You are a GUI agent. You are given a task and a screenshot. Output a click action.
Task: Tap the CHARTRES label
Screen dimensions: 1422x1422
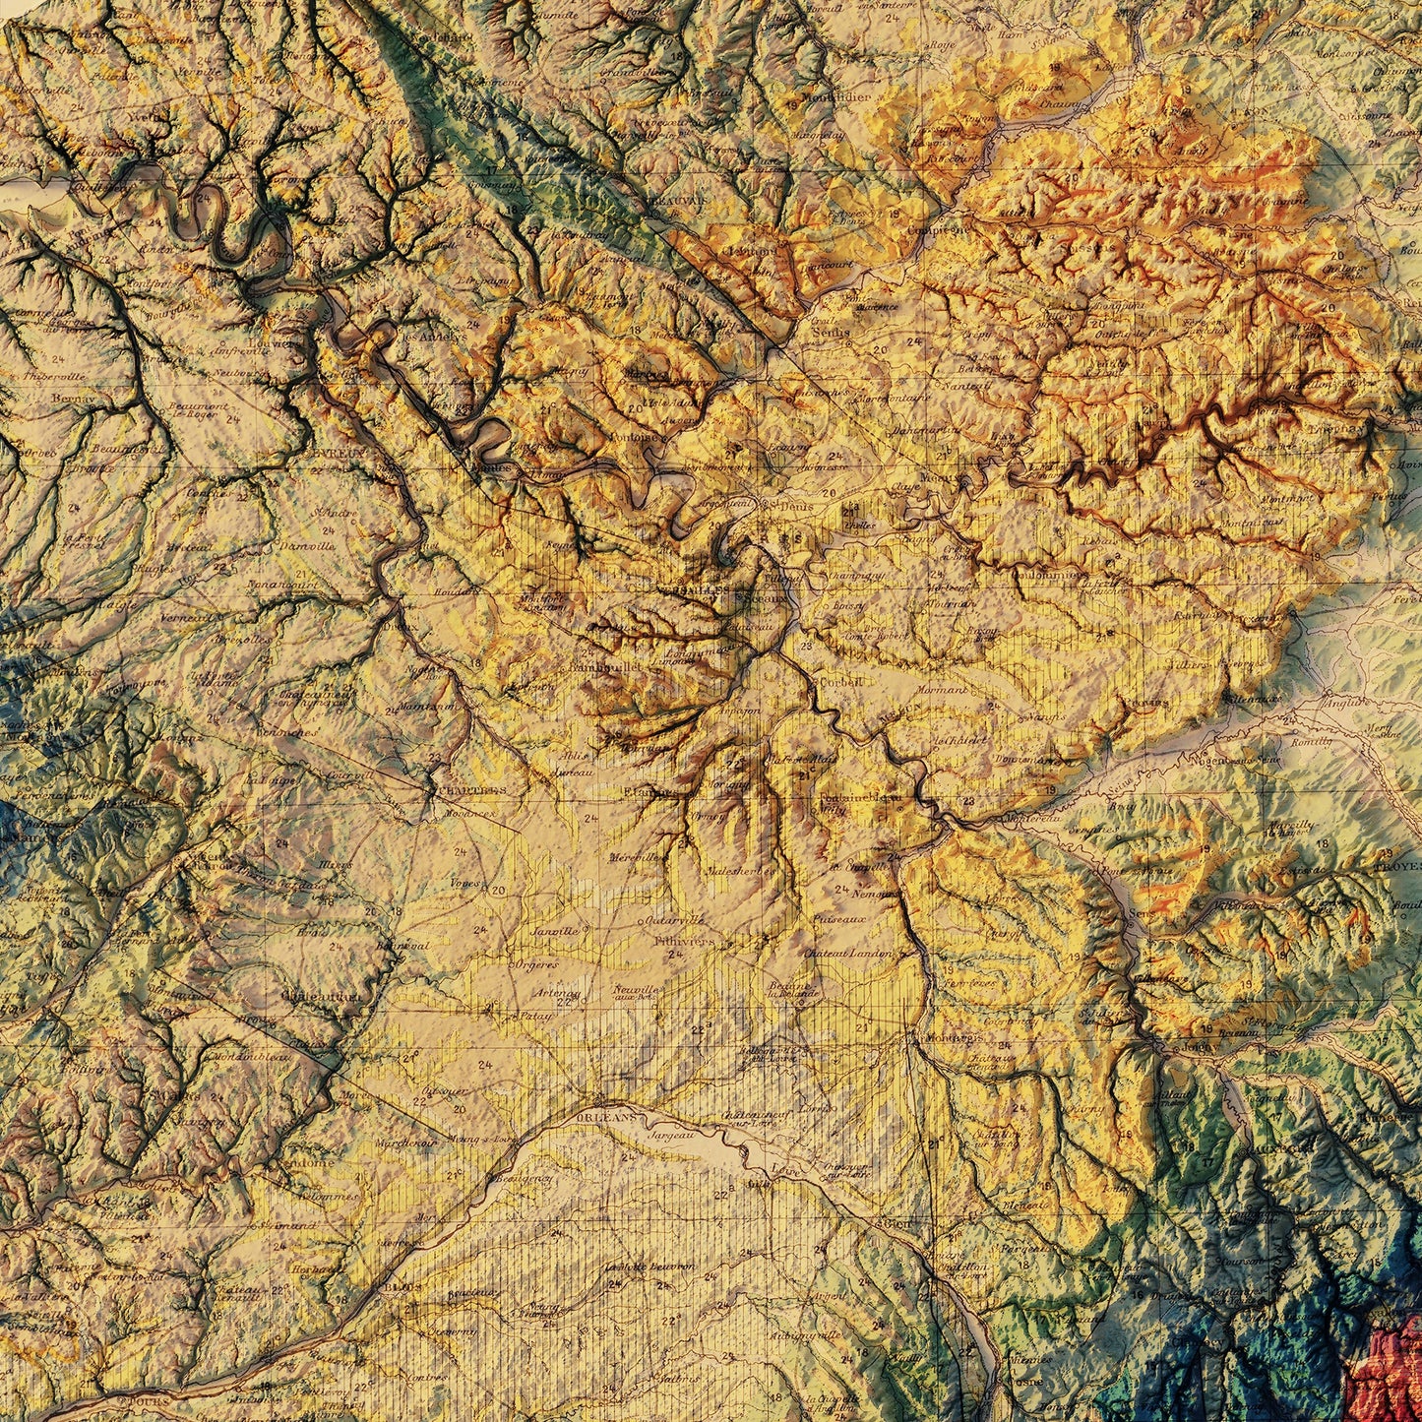470,789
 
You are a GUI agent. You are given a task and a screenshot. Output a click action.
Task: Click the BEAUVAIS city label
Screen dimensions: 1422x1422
678,200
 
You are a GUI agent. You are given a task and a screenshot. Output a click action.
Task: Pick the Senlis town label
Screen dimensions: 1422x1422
833,332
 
